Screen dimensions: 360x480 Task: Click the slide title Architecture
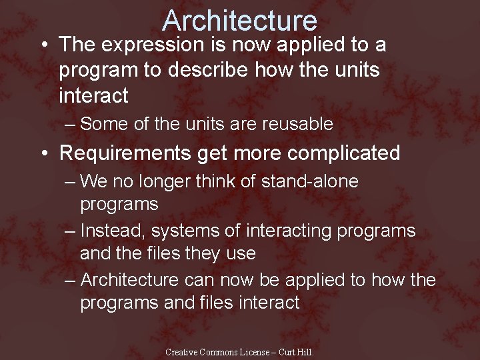(239, 20)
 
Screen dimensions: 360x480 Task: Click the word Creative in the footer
(181, 352)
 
